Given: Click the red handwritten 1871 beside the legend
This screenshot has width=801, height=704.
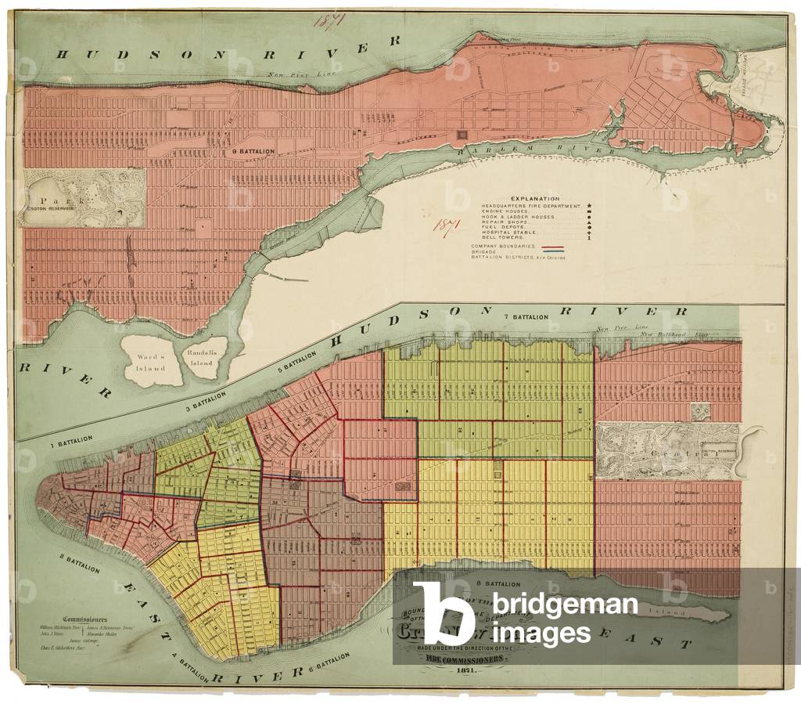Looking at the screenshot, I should [x=447, y=225].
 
